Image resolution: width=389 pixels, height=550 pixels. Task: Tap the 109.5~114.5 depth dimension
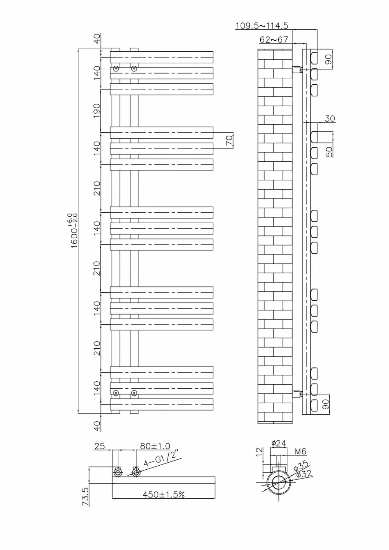coord(261,26)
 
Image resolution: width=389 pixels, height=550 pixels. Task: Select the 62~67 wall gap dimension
coord(274,39)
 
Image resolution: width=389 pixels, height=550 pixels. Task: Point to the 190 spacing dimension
coord(96,110)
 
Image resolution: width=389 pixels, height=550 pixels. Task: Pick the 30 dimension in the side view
coord(330,118)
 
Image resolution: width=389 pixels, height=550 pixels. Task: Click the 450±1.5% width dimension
coord(164,494)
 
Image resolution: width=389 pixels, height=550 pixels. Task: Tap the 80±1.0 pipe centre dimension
coord(155,446)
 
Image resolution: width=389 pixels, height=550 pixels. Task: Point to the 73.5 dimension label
coord(85,497)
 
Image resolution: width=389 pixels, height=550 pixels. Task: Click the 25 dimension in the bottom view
coord(99,446)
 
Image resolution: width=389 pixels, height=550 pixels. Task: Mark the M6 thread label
coord(300,452)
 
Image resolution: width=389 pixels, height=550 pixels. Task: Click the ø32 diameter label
coord(304,474)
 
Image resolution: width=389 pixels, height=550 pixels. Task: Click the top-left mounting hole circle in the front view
coord(116,69)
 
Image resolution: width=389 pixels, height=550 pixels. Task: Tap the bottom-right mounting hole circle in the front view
coord(134,393)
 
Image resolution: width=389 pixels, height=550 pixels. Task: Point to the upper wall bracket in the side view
coord(296,69)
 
